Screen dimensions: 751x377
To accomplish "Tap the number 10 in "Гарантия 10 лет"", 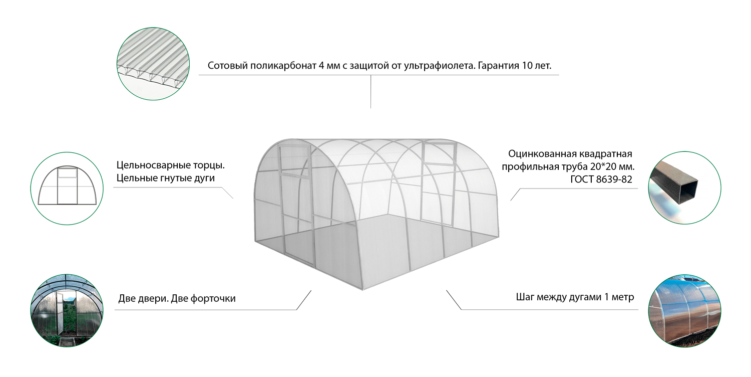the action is coord(527,65).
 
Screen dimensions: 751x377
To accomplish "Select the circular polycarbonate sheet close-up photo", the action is coord(153,64).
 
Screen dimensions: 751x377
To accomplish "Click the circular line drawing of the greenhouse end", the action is coord(67,188).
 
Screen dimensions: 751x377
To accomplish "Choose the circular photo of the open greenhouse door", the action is coord(67,310).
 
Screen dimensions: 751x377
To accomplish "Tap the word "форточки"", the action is coord(213,298).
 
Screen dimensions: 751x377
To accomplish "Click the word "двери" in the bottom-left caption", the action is coord(153,298).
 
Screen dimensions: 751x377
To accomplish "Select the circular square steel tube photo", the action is coord(684,187).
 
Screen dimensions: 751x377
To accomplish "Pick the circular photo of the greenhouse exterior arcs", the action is coord(684,310).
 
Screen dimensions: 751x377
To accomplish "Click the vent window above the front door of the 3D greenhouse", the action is coord(294,160).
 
